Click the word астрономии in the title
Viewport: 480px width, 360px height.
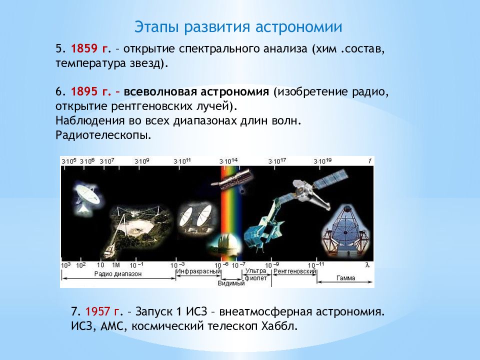pyautogui.click(x=298, y=27)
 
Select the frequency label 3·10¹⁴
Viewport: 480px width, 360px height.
pyautogui.click(x=228, y=161)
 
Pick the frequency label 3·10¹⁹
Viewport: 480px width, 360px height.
pyautogui.click(x=322, y=161)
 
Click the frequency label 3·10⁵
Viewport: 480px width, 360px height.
pyautogui.click(x=69, y=161)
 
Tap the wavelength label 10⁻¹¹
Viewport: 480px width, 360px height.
pyautogui.click(x=315, y=265)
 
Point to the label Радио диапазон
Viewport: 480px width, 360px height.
pyautogui.click(x=118, y=274)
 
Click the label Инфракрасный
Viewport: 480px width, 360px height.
pyautogui.click(x=198, y=271)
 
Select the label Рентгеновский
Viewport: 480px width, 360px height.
pyautogui.click(x=294, y=271)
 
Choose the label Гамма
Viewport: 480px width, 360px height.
pyautogui.click(x=345, y=278)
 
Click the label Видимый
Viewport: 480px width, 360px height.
pyautogui.click(x=231, y=283)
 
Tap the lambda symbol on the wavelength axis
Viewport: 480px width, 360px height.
pyautogui.click(x=367, y=264)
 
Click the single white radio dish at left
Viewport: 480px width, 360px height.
pyautogui.click(x=86, y=197)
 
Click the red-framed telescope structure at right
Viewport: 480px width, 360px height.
pyautogui.click(x=346, y=231)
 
